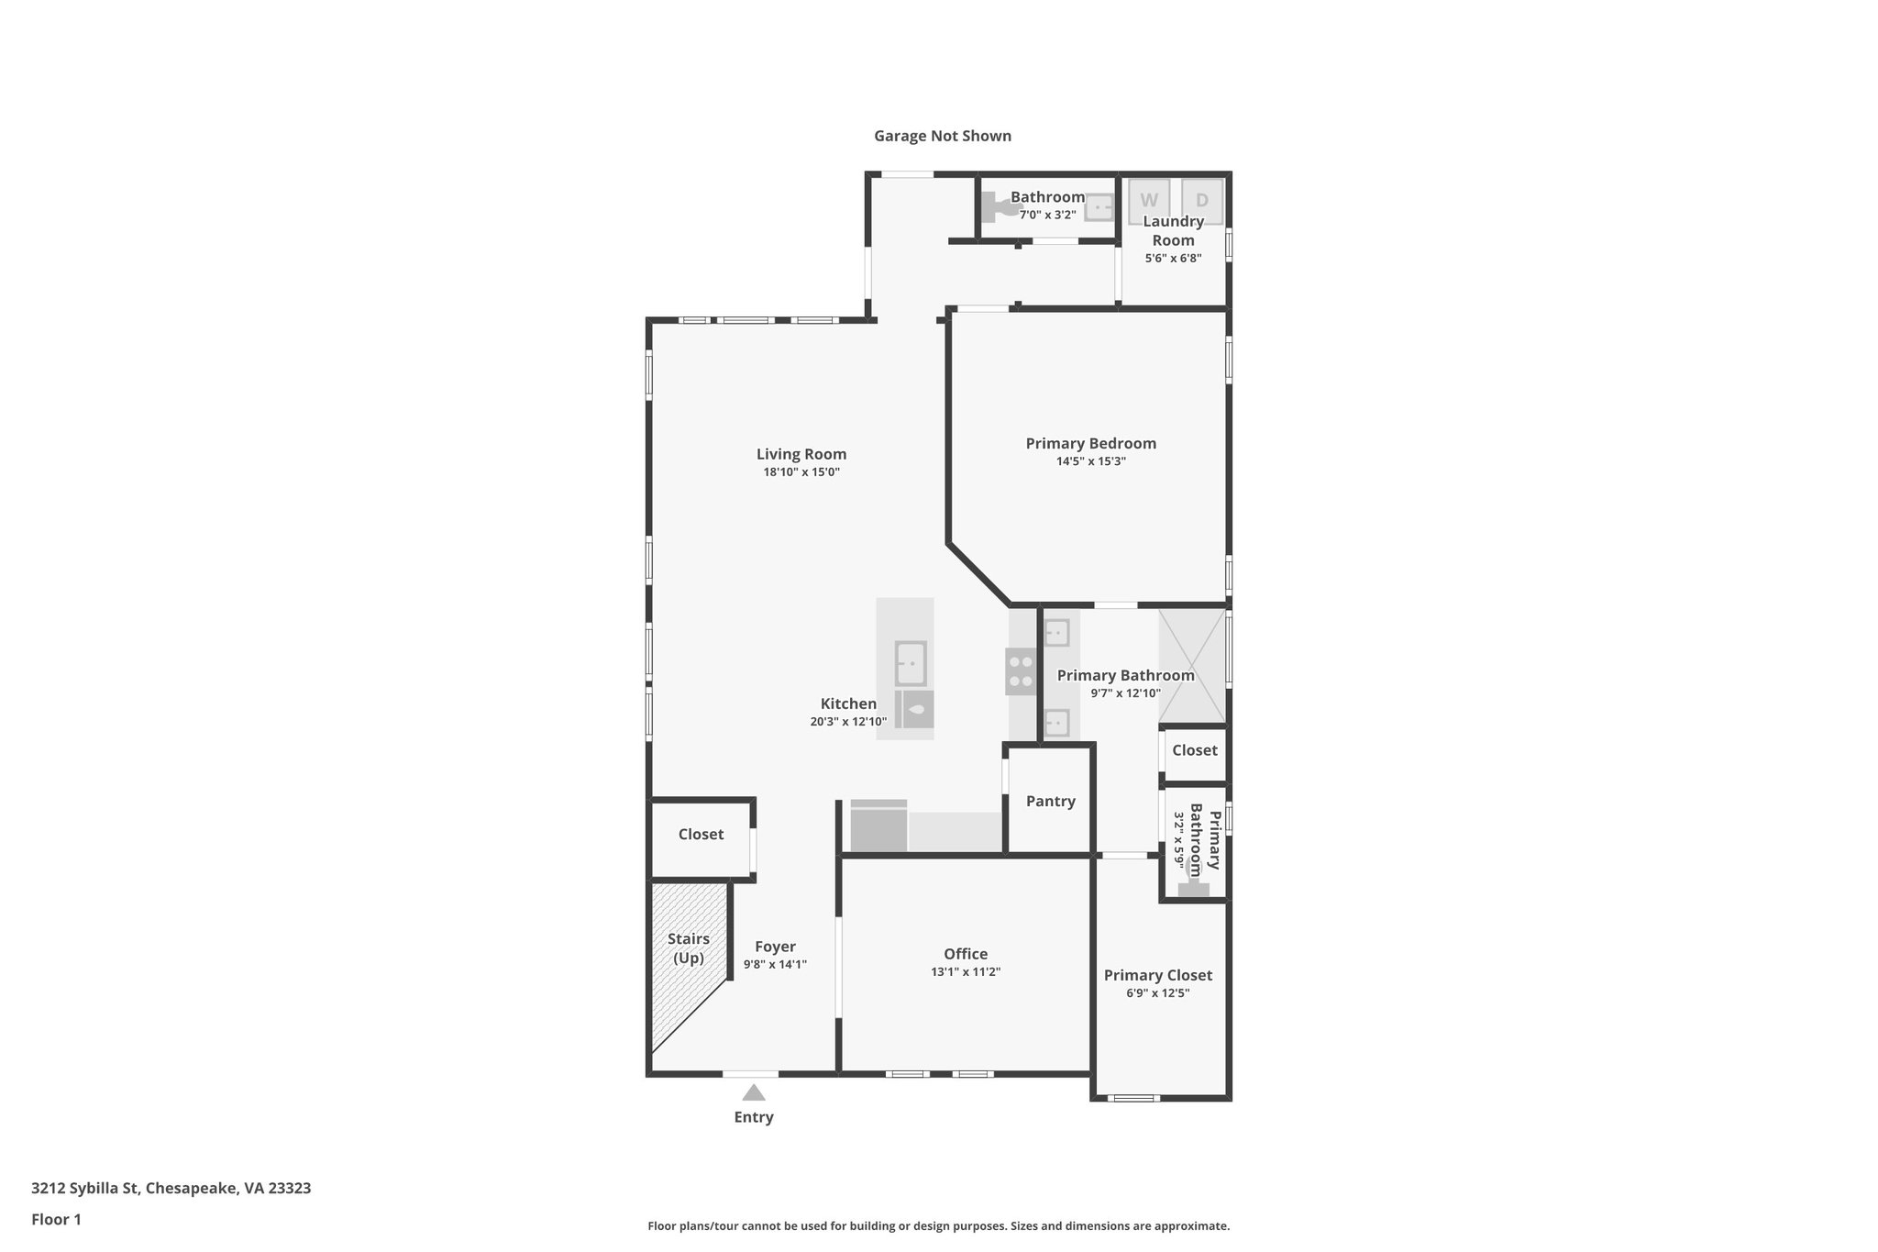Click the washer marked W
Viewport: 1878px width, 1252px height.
tap(1149, 200)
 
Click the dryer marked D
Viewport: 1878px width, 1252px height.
tap(1201, 200)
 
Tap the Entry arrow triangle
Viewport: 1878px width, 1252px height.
tap(754, 1092)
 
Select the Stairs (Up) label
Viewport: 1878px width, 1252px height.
tap(689, 948)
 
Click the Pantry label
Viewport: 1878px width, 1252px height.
tap(1050, 801)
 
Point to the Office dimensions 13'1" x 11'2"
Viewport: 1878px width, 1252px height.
tap(966, 972)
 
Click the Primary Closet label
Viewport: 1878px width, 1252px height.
tap(1157, 975)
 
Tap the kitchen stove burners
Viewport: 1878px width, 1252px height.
tap(1021, 671)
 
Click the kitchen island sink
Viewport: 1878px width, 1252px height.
tap(911, 663)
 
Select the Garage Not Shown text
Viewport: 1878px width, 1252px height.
tap(942, 136)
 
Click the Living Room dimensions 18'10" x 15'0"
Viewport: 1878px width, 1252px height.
tap(801, 472)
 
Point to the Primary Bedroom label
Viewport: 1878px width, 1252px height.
tap(1090, 443)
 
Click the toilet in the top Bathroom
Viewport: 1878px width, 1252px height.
tap(997, 207)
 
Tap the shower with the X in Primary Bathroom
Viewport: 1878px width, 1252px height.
tap(1192, 666)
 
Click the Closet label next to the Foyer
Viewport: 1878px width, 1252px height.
tap(701, 834)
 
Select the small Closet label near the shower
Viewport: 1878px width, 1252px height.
tap(1194, 749)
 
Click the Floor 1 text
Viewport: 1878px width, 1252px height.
tap(56, 1219)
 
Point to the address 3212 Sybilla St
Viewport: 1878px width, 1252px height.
tap(171, 1188)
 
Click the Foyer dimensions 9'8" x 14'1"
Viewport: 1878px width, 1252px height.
tap(775, 964)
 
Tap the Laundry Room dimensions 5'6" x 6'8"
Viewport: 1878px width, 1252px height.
tap(1173, 258)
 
